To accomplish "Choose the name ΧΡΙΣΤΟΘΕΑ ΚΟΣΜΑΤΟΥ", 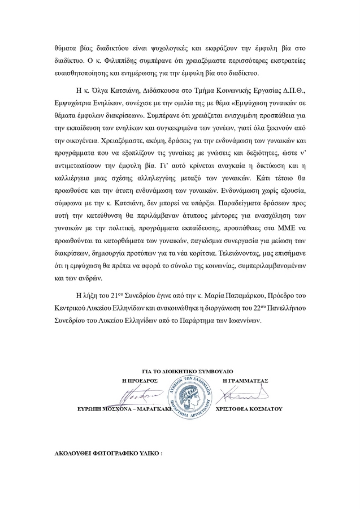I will pos(249,408).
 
